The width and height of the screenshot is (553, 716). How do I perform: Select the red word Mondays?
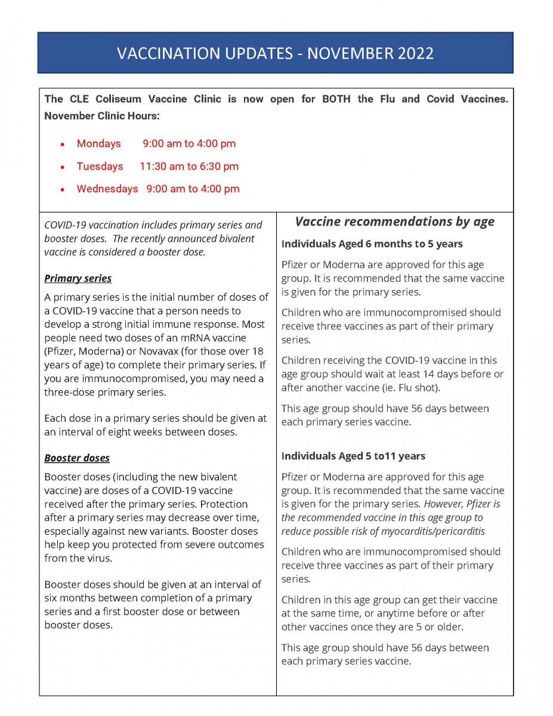[x=98, y=144]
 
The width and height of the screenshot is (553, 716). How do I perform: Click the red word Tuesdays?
[x=100, y=166]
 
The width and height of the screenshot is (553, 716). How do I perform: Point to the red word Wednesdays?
[x=107, y=189]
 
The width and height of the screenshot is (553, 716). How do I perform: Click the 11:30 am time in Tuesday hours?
[x=161, y=166]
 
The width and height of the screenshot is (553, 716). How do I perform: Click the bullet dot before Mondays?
[x=63, y=144]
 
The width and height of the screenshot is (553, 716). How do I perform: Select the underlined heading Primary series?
[x=78, y=279]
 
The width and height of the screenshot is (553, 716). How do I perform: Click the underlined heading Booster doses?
[x=77, y=458]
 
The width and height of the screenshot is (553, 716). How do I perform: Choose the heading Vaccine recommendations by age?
[x=394, y=222]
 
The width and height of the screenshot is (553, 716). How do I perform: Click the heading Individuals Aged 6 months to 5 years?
[x=372, y=244]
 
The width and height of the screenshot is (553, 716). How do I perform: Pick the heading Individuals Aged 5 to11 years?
[x=353, y=456]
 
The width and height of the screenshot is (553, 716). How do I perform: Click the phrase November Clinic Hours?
[x=101, y=116]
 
